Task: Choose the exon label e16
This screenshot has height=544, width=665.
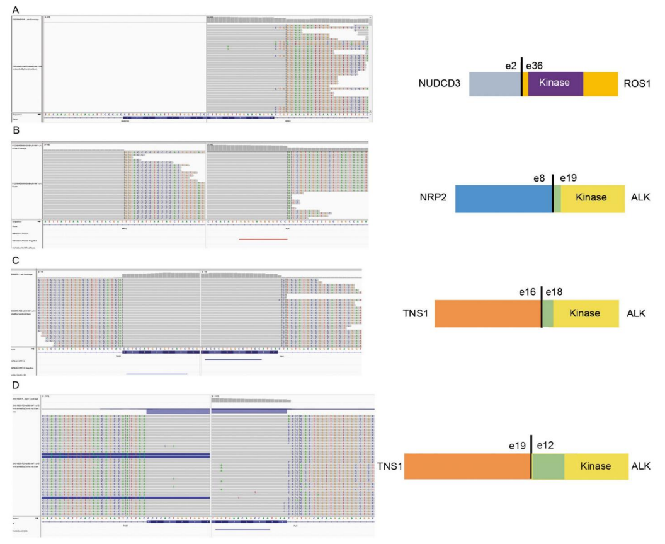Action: point(528,292)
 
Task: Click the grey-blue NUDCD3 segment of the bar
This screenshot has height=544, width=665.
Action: point(495,83)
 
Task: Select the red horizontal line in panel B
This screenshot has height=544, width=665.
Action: point(263,240)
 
